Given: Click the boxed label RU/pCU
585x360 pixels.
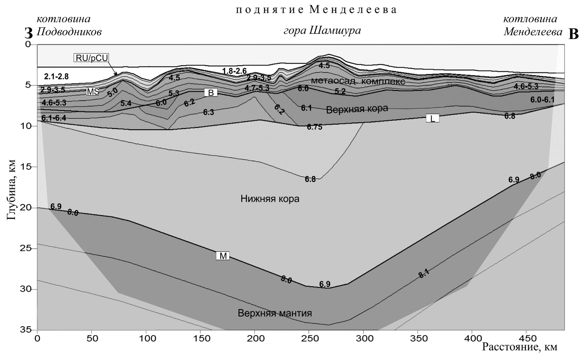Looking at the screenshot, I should tap(91, 58).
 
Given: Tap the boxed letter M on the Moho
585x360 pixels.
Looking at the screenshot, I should tap(223, 256).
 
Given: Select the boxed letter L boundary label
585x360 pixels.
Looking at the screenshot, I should tap(432, 118).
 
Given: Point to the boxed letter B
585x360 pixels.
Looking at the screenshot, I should tap(211, 92).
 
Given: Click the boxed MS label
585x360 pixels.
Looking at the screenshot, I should tap(93, 92).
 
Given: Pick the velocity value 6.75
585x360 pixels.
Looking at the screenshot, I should tap(314, 127).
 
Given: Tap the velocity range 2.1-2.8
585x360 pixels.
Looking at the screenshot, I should tap(56, 76).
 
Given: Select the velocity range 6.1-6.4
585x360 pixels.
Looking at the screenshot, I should tap(54, 118).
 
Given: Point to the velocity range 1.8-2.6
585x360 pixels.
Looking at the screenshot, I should tap(234, 71).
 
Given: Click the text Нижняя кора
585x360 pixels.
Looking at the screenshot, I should tap(270, 199).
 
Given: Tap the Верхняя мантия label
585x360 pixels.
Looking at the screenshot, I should tap(275, 313).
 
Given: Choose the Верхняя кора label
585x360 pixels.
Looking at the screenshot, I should tap(357, 109).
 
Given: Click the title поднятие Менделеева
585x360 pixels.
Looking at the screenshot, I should tap(316, 10).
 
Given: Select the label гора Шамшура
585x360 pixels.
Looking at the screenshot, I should tap(322, 31).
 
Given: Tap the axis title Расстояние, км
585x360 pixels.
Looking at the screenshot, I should tap(520, 347).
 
